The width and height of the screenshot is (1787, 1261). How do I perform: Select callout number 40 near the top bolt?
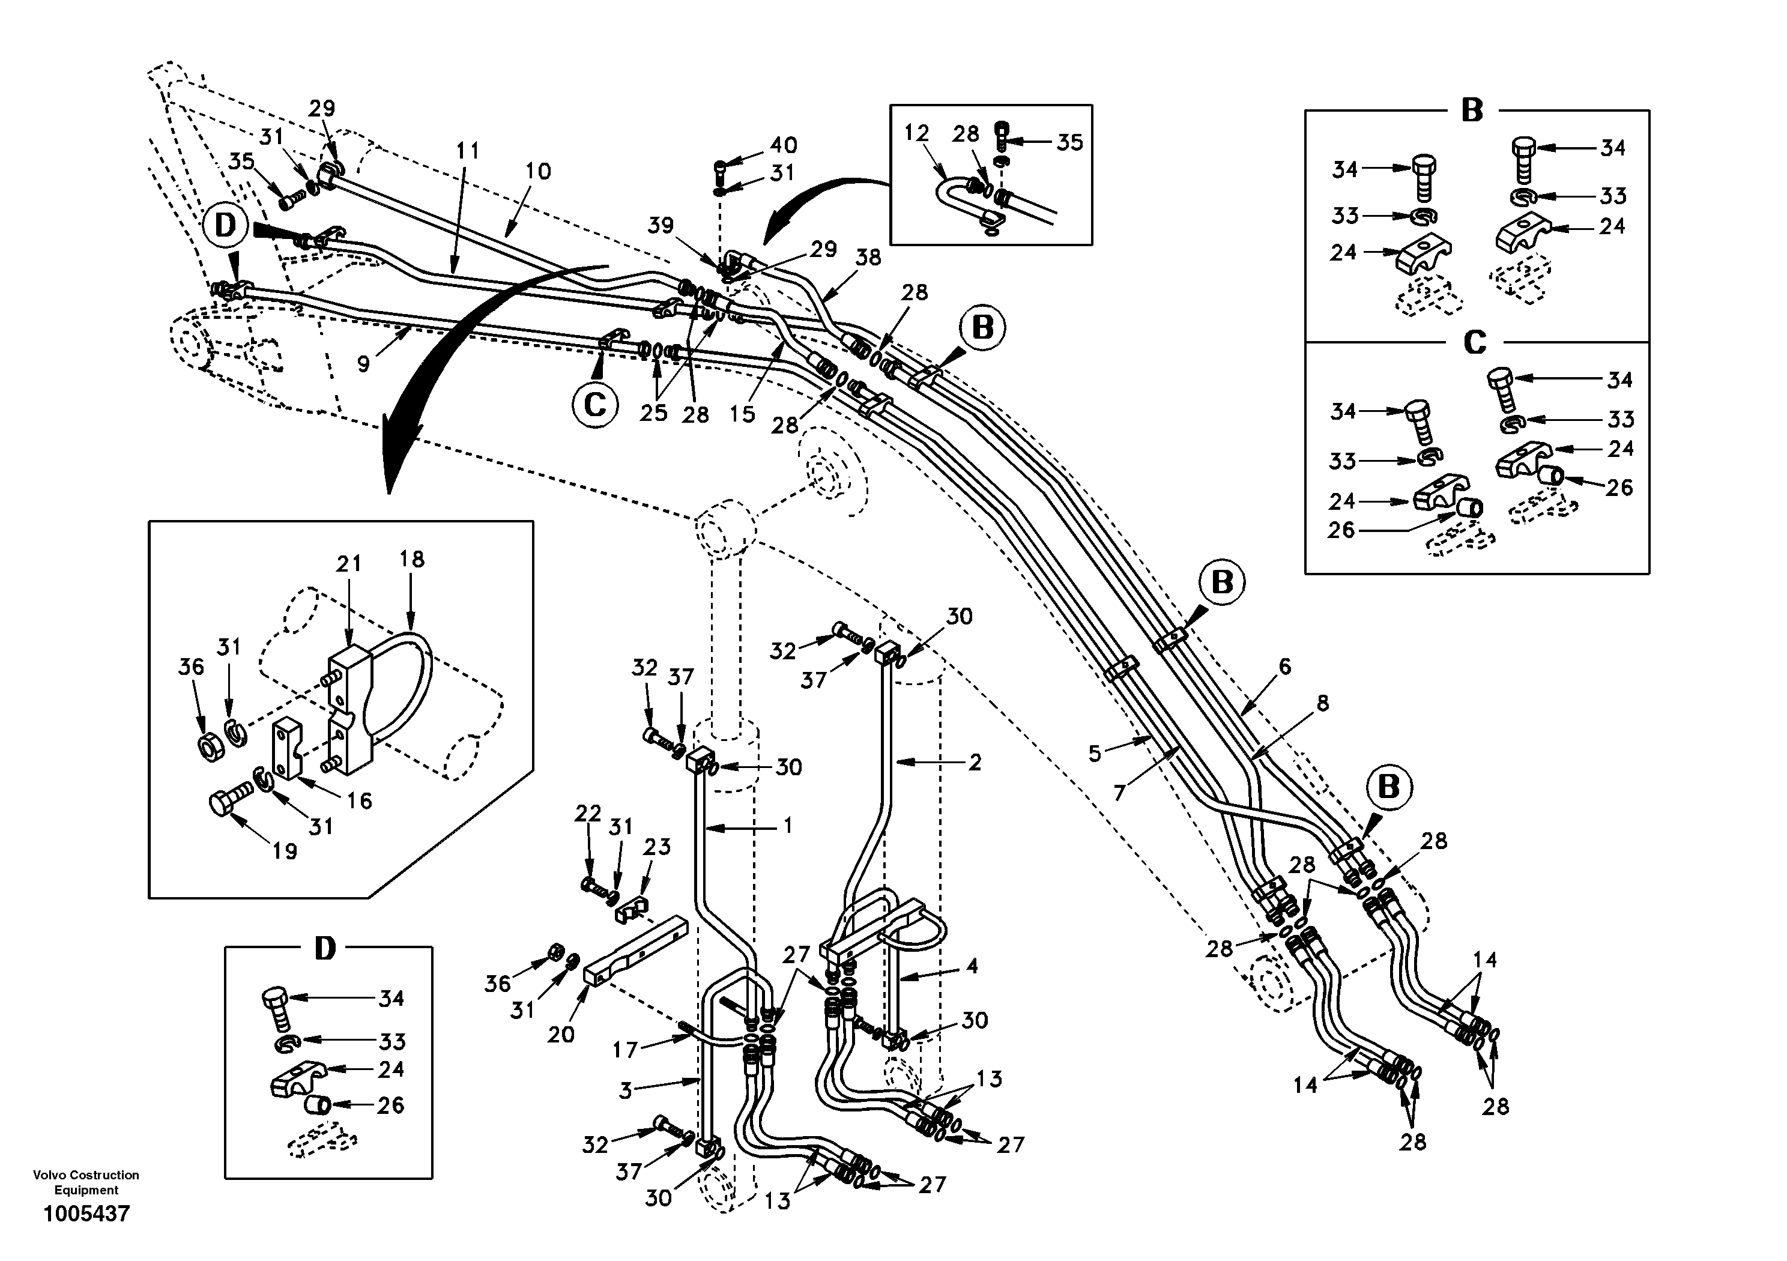click(784, 145)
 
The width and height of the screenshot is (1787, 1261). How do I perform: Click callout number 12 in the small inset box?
click(917, 133)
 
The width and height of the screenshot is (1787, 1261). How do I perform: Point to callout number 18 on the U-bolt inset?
click(412, 559)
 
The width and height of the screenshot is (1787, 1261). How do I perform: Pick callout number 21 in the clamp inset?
click(349, 564)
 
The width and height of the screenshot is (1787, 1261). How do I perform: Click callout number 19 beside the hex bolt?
click(285, 851)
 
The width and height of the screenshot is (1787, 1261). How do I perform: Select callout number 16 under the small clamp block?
click(359, 800)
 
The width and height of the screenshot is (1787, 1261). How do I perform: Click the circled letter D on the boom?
click(225, 226)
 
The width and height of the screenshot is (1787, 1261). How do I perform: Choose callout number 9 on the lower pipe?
click(363, 363)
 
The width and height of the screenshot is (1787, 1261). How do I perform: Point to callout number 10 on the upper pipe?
click(538, 171)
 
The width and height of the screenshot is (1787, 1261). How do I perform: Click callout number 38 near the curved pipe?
click(869, 258)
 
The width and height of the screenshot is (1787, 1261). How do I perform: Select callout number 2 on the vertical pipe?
click(975, 762)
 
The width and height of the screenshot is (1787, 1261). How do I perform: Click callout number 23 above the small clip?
click(657, 847)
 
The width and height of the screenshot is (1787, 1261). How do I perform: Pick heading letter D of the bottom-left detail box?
click(325, 949)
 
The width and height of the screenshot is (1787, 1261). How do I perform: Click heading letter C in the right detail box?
click(1475, 342)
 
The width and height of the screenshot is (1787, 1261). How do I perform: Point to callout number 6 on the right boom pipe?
click(1284, 667)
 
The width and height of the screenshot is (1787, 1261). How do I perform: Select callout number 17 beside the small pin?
click(625, 1050)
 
